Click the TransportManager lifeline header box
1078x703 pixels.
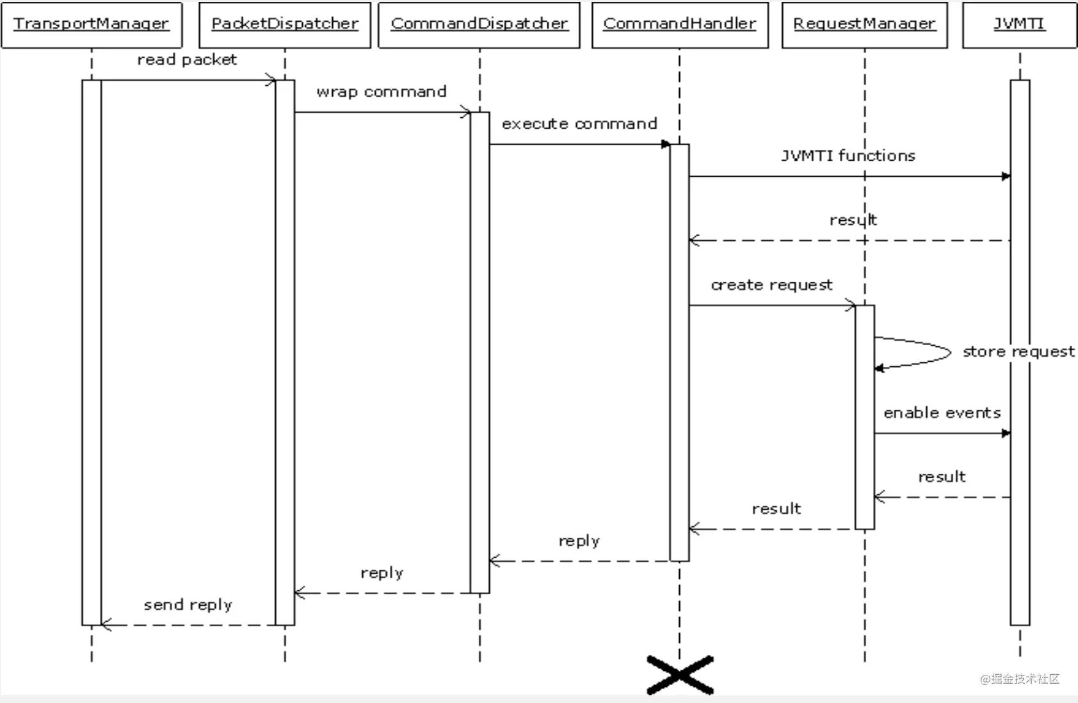point(92,24)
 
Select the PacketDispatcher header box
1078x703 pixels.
point(285,24)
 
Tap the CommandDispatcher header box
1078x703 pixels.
point(479,24)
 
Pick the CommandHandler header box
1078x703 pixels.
point(679,24)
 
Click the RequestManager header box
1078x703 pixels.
point(864,24)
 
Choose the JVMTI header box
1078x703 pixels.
point(1019,24)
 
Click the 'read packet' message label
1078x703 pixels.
point(187,60)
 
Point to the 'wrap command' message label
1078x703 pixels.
point(382,92)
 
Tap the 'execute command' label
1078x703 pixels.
point(579,124)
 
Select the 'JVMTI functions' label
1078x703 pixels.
point(848,156)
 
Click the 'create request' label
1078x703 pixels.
point(771,285)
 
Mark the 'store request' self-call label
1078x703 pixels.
point(1018,351)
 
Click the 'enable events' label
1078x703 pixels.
point(942,413)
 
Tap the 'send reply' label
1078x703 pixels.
point(188,605)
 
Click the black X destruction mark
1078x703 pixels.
point(680,675)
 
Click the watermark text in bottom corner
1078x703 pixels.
point(1020,679)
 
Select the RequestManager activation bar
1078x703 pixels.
point(864,416)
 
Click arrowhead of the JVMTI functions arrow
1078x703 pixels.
point(1006,176)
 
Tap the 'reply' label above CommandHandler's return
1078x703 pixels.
point(579,541)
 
